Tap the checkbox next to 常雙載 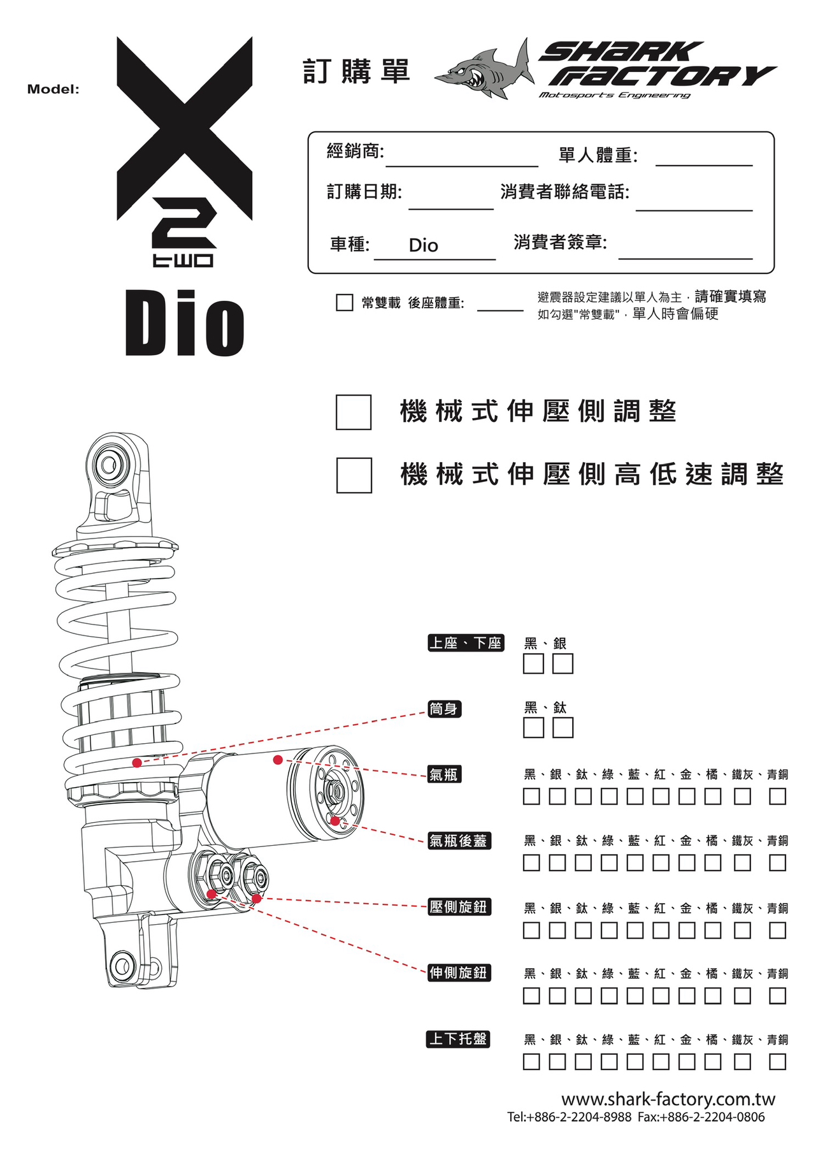pyautogui.click(x=345, y=302)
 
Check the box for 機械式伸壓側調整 pyautogui.click(x=354, y=412)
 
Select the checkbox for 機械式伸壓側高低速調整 pyautogui.click(x=354, y=475)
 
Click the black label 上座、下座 pyautogui.click(x=466, y=643)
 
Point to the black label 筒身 pyautogui.click(x=444, y=709)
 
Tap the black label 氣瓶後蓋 pyautogui.click(x=459, y=841)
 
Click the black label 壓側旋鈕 pyautogui.click(x=459, y=906)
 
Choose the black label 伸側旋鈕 pyautogui.click(x=459, y=973)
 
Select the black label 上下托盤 pyautogui.click(x=458, y=1039)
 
